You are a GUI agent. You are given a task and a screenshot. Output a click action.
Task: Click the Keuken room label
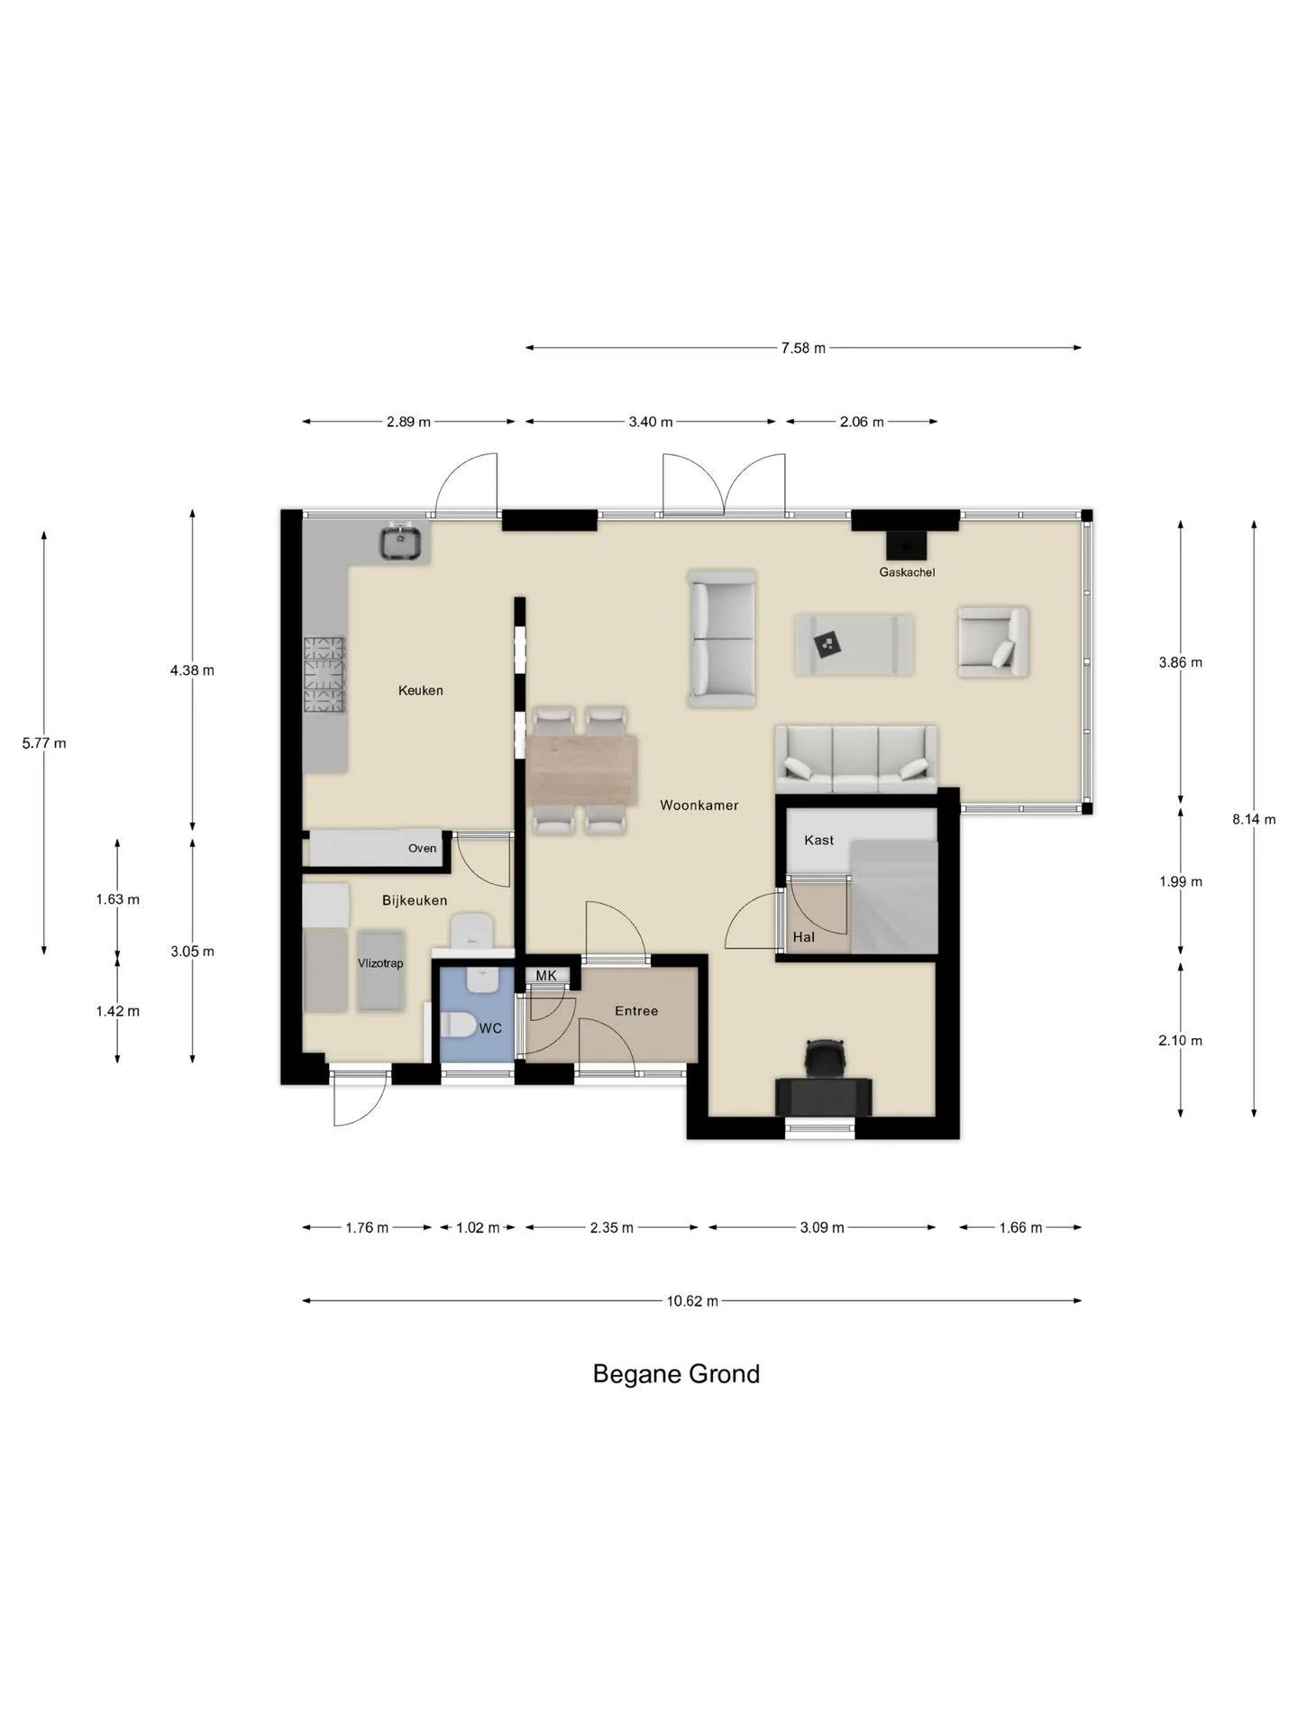coord(420,690)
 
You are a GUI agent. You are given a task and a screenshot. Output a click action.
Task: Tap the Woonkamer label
coord(699,805)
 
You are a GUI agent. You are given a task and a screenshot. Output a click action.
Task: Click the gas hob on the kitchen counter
coord(324,674)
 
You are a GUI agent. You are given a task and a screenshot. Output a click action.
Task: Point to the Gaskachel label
coord(907,572)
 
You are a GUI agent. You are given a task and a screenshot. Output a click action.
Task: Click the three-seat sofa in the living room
coord(855,759)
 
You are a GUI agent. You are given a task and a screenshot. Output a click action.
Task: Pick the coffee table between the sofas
coord(854,644)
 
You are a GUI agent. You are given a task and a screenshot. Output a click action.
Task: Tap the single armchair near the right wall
coord(993,642)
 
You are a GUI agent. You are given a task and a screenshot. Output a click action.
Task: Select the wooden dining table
coord(582,770)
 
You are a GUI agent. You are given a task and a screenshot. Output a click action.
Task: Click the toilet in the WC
coord(461,1026)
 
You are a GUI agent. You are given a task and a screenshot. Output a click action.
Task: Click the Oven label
coord(422,848)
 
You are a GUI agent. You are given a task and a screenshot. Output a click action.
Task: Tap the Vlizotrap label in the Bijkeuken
coord(380,963)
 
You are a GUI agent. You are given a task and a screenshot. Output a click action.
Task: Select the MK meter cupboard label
coord(546,975)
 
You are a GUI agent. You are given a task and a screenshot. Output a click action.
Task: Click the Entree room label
coord(636,1011)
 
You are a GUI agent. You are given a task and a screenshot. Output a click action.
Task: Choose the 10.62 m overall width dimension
coord(691,1301)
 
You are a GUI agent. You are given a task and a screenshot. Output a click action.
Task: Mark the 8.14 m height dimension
coord(1254,819)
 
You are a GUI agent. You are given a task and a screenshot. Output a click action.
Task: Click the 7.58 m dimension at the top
coord(803,348)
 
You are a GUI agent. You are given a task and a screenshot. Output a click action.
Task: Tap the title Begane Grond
coord(676,1373)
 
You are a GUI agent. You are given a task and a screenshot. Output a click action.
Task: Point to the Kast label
coord(818,840)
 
